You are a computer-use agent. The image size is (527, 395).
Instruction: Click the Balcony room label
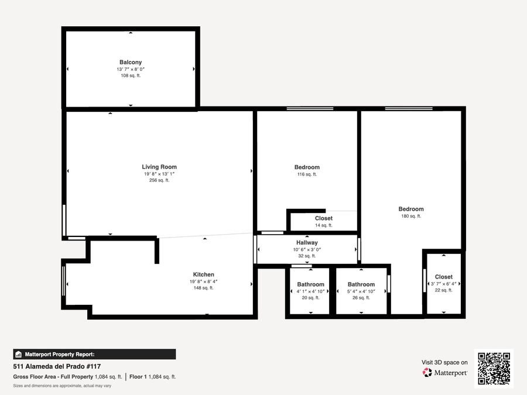coord(131,62)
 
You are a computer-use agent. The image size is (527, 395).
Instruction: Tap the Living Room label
coord(159,167)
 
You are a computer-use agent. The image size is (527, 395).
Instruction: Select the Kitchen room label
coord(203,274)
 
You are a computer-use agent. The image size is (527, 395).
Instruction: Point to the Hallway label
coord(307,242)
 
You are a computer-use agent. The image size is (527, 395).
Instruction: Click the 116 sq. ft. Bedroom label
coord(307,167)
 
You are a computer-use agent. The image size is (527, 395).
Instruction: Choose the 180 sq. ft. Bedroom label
coord(411,209)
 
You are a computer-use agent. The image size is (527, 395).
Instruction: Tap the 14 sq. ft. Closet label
coord(324,218)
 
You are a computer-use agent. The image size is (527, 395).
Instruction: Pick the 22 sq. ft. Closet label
coord(444,277)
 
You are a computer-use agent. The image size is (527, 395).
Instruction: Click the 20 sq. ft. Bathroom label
coord(310,284)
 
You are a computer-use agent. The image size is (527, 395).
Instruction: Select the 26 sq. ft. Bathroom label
coord(361,284)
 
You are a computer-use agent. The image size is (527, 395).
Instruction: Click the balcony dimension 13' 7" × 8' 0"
coord(131,69)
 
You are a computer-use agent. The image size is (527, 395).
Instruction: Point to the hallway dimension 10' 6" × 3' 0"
coord(307,249)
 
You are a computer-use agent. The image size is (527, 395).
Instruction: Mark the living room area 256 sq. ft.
coord(159,180)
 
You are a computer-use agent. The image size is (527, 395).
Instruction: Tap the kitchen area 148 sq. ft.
coord(203,288)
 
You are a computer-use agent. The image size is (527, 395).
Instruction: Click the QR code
coord(494,368)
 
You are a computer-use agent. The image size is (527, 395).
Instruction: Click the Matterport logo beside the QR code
coord(444,373)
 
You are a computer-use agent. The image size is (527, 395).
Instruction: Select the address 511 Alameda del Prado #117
coord(57,366)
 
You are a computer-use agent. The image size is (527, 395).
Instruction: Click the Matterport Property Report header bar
coord(94,355)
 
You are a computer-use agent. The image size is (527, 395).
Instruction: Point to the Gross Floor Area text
coord(67,377)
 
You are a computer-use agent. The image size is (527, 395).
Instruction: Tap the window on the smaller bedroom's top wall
coord(310,108)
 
